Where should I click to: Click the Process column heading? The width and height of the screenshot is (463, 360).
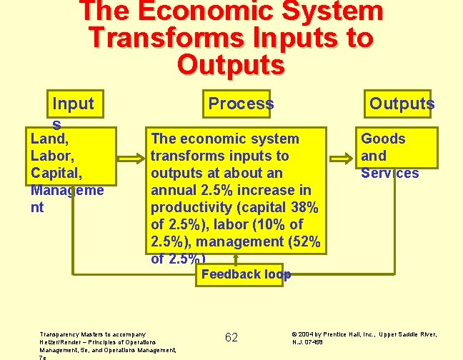[241, 104]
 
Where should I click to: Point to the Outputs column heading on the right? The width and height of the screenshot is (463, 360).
[402, 104]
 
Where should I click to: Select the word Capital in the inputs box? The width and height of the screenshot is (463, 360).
[54, 173]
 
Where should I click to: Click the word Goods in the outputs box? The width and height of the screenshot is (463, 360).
[383, 139]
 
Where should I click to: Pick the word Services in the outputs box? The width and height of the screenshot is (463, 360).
[389, 173]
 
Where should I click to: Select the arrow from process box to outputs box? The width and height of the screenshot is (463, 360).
[342, 156]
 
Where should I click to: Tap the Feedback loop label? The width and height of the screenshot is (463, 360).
[246, 274]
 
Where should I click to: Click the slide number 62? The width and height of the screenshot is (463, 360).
[231, 337]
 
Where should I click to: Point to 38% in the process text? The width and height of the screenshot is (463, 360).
[302, 207]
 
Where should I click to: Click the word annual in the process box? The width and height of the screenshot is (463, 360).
[173, 190]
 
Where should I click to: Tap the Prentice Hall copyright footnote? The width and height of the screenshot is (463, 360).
[364, 337]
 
